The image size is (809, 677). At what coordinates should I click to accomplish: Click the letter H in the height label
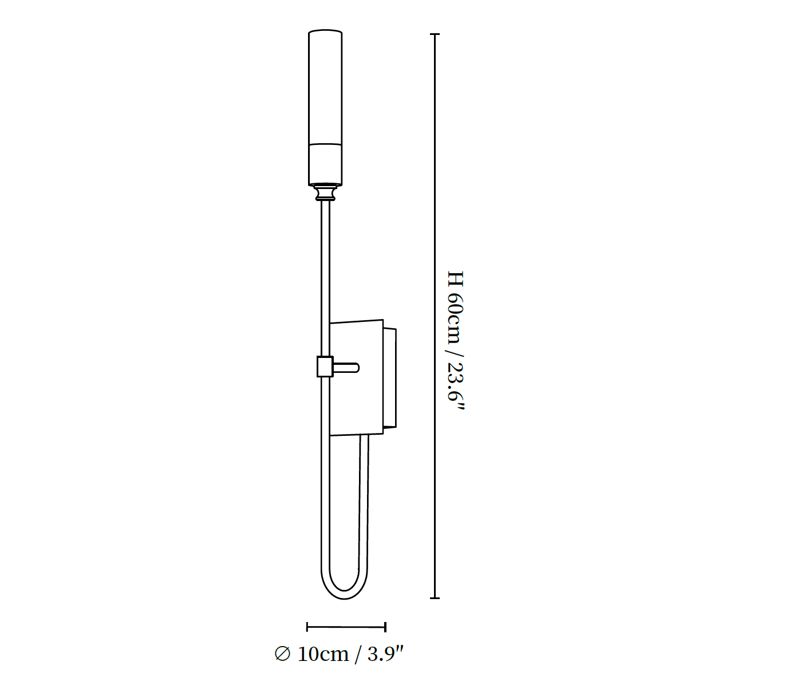456,278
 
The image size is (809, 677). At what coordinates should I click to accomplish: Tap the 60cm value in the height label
456,318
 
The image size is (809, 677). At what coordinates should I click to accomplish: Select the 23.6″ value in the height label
456,386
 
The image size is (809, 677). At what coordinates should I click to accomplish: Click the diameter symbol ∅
282,654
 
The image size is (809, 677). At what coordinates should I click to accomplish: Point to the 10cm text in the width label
323,654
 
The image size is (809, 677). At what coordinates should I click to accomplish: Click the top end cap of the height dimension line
435,34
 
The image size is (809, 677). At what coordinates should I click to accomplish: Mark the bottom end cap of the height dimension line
435,598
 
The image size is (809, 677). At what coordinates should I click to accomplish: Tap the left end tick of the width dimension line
307,627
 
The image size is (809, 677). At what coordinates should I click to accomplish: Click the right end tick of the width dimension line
385,627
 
